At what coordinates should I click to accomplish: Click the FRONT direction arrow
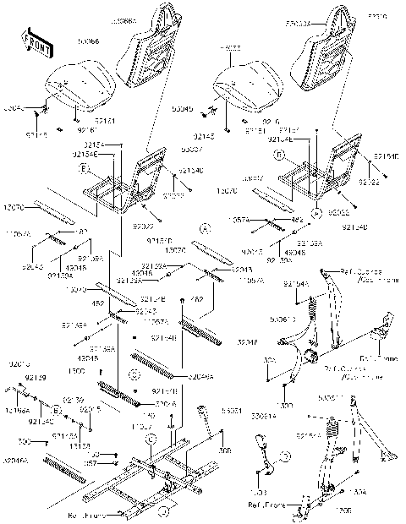click(x=34, y=41)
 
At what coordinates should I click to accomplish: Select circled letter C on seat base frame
click(x=150, y=439)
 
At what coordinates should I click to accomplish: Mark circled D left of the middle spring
click(x=134, y=374)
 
